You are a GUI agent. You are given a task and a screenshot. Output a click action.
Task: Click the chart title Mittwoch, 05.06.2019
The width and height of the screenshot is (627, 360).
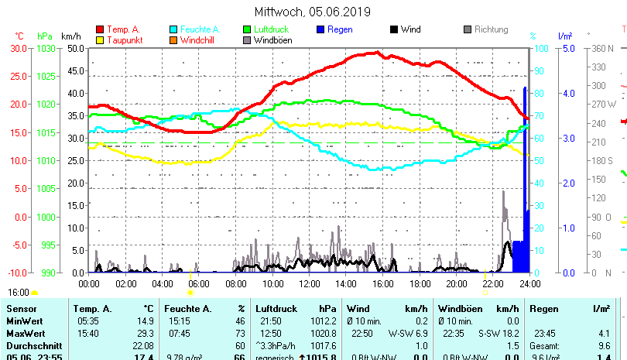point(313,12)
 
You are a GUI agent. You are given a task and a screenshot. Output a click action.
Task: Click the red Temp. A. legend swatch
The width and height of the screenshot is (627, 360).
point(100,29)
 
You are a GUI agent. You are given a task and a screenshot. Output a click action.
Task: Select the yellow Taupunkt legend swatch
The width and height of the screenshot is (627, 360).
point(100,39)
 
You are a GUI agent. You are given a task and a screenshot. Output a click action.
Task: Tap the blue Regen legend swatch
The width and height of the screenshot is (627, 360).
point(320,29)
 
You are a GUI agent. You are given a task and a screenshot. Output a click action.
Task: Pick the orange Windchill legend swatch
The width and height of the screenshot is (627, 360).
point(173,39)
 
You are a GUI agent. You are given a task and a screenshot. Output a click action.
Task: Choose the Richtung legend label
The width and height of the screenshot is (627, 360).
point(492,29)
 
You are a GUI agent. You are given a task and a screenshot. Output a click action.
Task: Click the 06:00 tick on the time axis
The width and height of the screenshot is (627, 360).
point(199,283)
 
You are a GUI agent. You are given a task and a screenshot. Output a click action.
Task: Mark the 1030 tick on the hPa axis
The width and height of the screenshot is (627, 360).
point(46,48)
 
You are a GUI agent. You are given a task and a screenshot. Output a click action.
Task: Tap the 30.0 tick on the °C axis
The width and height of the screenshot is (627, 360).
point(19,48)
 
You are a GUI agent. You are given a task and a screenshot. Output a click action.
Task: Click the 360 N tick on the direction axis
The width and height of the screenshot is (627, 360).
point(601,48)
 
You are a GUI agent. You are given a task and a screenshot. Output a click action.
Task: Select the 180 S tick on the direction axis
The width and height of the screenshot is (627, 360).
point(601,160)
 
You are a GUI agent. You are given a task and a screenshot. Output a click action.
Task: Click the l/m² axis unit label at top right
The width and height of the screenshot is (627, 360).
point(564,36)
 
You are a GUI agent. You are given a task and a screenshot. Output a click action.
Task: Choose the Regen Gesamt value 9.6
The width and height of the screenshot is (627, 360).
point(605,345)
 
